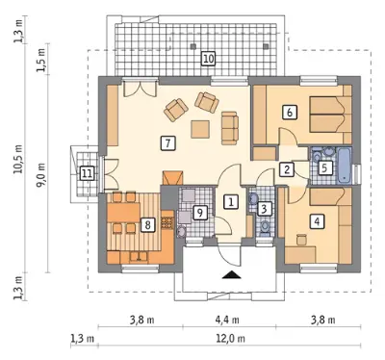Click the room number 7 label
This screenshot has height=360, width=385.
pyautogui.click(x=167, y=142)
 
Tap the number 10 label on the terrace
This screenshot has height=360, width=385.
pyautogui.click(x=208, y=59)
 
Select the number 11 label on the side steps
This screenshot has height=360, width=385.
pyautogui.click(x=87, y=174)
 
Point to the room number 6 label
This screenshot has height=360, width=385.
pyautogui.click(x=290, y=113)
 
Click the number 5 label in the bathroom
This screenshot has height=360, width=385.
pyautogui.click(x=324, y=168)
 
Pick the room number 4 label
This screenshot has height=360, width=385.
pyautogui.click(x=317, y=221)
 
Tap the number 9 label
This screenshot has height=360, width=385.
pyautogui.click(x=200, y=213)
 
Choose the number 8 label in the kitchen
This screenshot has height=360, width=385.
pyautogui.click(x=148, y=224)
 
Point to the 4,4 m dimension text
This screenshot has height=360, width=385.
pyautogui.click(x=228, y=320)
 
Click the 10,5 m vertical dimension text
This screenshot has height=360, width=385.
pyautogui.click(x=18, y=159)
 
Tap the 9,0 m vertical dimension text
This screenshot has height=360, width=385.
pyautogui.click(x=42, y=176)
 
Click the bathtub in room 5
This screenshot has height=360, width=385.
pyautogui.click(x=344, y=166)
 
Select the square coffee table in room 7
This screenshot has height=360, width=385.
pyautogui.click(x=200, y=129)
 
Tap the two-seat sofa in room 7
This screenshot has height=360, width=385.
pyautogui.click(x=230, y=128)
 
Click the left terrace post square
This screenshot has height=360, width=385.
pyautogui.click(x=192, y=47)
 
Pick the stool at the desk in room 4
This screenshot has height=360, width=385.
pyautogui.click(x=301, y=240)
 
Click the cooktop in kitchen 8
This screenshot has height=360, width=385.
pyautogui.click(x=167, y=221)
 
